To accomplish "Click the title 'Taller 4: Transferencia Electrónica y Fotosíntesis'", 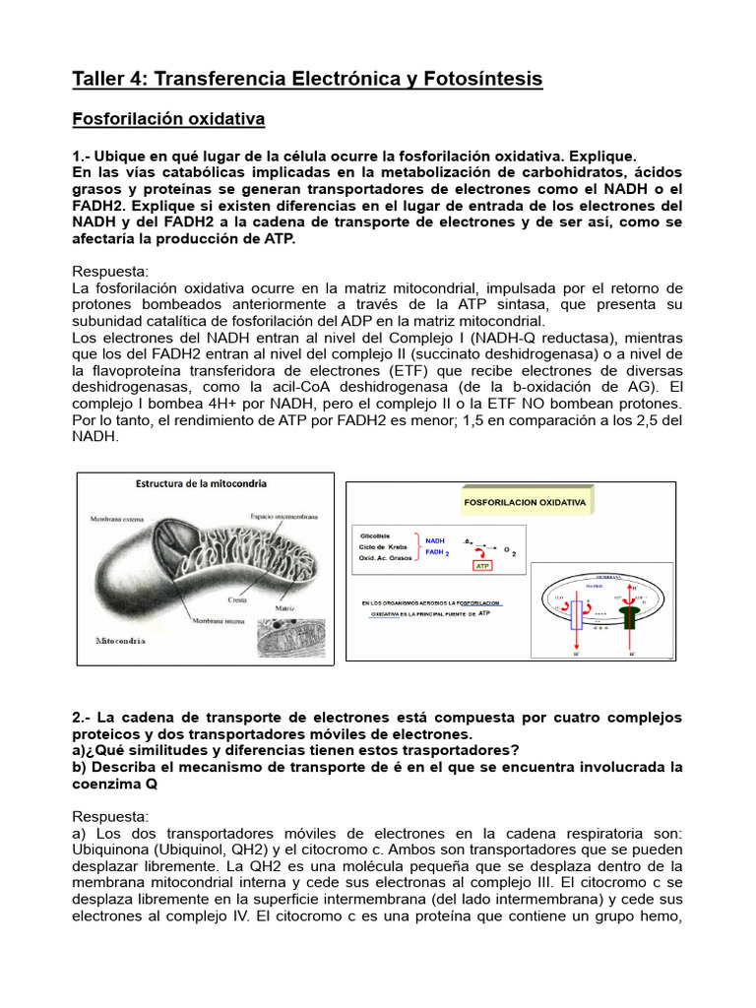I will (307, 79).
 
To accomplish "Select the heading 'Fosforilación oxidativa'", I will (168, 119).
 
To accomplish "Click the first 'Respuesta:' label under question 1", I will (110, 271).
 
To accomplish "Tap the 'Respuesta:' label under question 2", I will (110, 816).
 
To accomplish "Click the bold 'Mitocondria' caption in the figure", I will (120, 640).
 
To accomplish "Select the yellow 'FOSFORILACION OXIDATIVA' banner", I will (525, 502).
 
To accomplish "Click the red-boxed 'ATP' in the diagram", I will (483, 567).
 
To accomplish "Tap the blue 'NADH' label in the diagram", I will (435, 540).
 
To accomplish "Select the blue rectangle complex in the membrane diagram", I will (577, 616).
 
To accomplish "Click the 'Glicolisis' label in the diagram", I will (378, 535).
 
